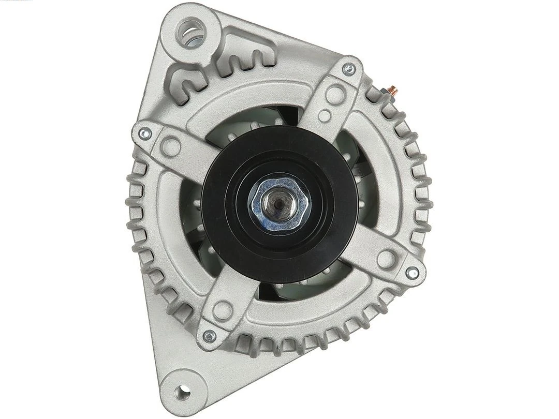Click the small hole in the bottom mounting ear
[182, 392]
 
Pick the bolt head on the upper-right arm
[350, 69]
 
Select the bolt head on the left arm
[145, 133]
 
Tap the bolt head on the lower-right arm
[412, 273]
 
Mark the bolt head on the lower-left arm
[209, 336]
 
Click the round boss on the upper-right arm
[335, 94]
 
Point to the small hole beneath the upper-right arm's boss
[325, 115]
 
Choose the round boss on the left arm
[171, 146]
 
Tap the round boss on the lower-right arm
[386, 258]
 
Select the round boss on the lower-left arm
[223, 310]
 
